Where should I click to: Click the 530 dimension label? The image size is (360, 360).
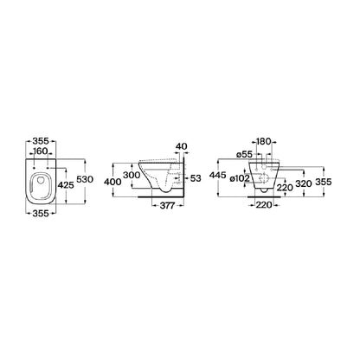click(x=85, y=179)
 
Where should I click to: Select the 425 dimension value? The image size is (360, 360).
click(x=66, y=185)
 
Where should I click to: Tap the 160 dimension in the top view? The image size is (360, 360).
click(x=41, y=151)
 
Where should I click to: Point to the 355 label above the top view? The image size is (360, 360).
click(x=41, y=141)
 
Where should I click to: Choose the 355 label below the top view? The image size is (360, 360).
click(x=41, y=214)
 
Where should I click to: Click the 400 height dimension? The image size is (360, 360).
click(x=112, y=182)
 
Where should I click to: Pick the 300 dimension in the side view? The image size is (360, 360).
click(x=132, y=175)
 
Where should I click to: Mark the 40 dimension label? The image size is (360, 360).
click(x=182, y=146)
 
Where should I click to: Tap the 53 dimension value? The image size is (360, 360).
click(x=196, y=178)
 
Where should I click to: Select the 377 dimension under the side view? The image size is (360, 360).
click(x=167, y=206)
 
